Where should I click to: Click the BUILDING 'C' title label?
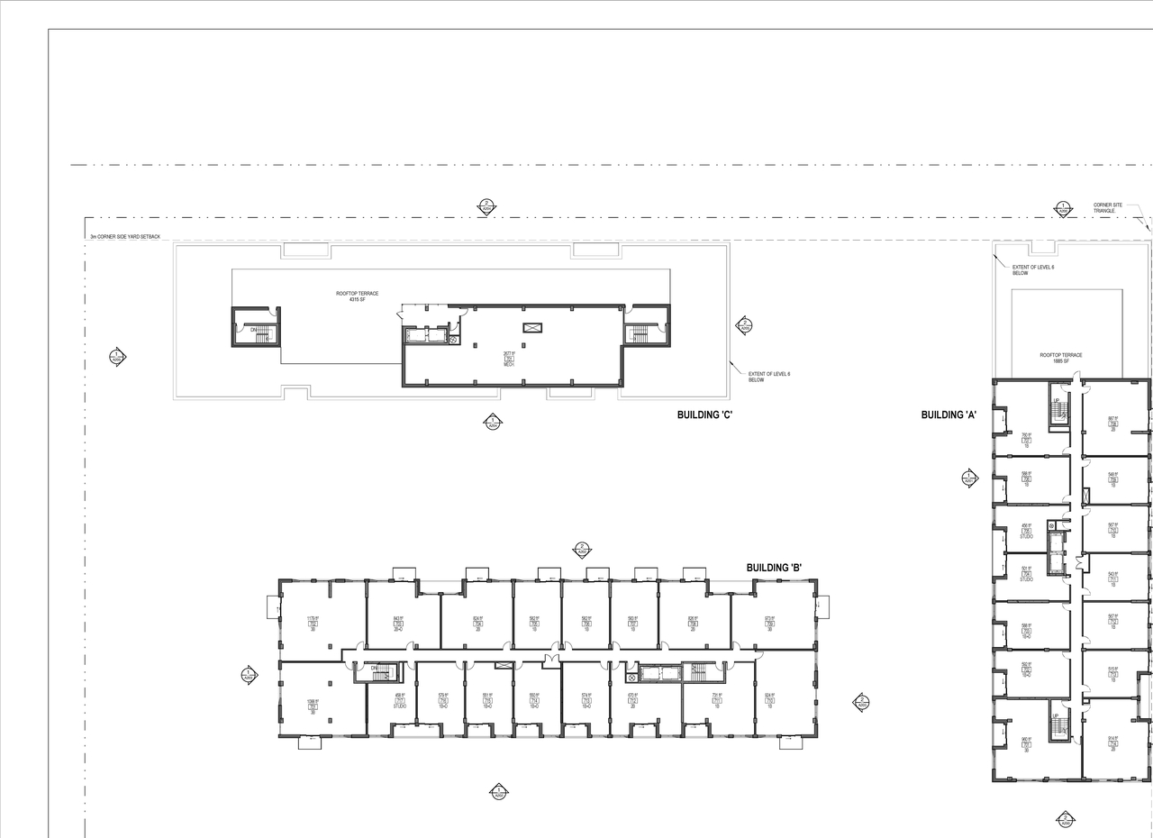coord(709,414)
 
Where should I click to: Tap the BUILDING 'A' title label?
coord(949,414)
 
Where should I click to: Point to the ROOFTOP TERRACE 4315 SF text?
coord(358,296)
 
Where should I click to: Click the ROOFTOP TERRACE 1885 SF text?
coord(1061,358)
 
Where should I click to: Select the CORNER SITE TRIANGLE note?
coord(1108,208)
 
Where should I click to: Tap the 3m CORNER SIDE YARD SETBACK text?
coord(124,237)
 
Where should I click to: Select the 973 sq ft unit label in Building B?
coord(769,623)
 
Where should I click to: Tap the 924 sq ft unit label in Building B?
coord(769,700)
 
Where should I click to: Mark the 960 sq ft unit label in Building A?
coord(1025,744)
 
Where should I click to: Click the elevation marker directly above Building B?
coord(582,549)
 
